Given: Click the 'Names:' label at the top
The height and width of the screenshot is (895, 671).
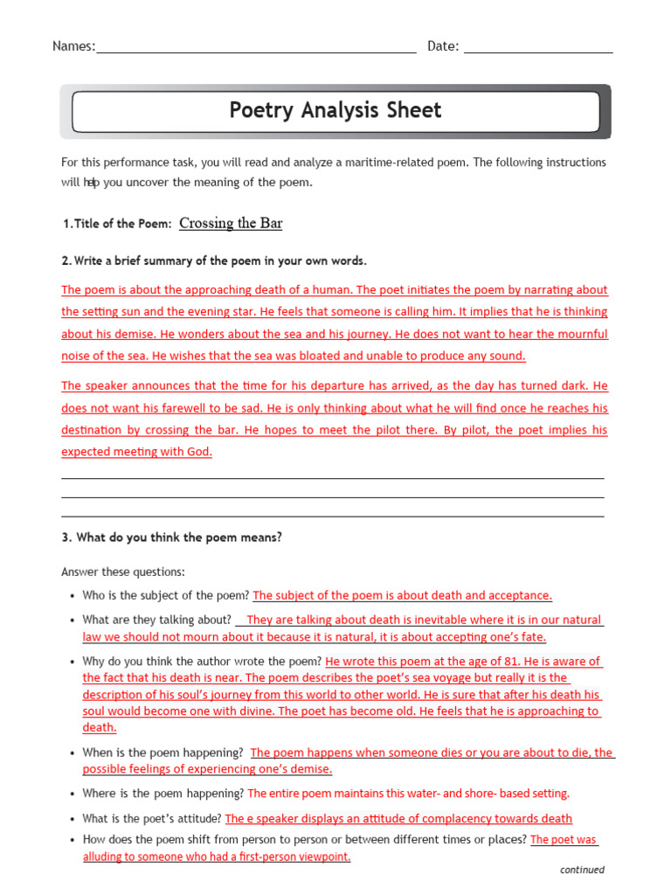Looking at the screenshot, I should (x=73, y=46).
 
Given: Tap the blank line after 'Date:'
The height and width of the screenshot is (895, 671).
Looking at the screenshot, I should (x=538, y=47).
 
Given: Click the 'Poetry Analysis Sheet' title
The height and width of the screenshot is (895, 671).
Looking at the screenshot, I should (x=335, y=110).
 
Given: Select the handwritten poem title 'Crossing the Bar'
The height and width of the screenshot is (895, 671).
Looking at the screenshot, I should (x=231, y=223).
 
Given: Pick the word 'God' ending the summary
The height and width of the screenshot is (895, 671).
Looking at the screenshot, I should (x=199, y=452).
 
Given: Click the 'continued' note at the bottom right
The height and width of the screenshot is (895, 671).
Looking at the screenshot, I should (x=582, y=870).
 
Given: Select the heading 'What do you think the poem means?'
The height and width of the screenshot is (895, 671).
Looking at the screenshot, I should (x=178, y=538).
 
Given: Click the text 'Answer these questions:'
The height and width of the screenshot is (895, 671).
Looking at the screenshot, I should (x=123, y=572).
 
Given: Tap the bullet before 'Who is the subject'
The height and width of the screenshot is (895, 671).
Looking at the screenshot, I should (x=73, y=596).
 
